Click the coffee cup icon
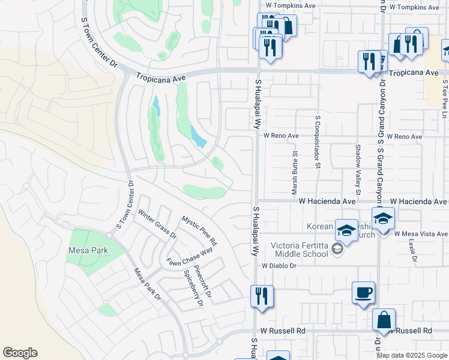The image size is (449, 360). coord(363,293)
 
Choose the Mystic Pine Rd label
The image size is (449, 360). coord(199,231)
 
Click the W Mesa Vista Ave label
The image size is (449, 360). coord(421,234)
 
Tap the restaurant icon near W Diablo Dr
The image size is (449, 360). coord(262,296)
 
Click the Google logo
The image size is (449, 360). coord(20,353)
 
